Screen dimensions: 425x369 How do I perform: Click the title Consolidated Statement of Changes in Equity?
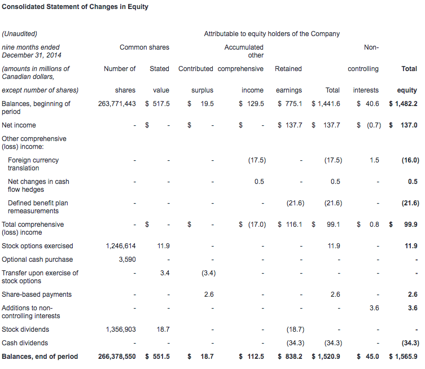pos(75,7)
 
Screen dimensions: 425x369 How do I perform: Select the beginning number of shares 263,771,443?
pos(117,104)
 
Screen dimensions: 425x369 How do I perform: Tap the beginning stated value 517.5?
pos(161,104)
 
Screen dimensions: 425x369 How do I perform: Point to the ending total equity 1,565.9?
pos(406,357)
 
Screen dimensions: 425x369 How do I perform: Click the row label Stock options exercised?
pos(37,246)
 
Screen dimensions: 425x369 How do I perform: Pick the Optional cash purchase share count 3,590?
pos(127,260)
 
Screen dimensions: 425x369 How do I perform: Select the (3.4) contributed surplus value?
pos(208,273)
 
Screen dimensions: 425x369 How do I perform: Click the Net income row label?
pos(19,125)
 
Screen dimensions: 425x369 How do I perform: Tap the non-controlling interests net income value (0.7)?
pos(374,125)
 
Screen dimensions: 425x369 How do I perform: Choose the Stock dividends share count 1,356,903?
pos(121,330)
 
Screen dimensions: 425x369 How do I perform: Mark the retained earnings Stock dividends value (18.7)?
pos(295,330)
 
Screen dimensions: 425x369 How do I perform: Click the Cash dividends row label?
pos(25,343)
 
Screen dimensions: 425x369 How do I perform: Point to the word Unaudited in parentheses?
pos(20,34)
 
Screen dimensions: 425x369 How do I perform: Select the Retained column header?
pos(288,69)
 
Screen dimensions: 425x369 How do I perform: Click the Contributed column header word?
pos(196,69)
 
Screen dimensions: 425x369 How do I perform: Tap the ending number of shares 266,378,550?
pos(117,357)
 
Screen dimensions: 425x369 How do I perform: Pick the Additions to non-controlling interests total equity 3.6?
pos(413,308)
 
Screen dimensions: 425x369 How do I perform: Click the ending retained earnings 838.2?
pos(294,357)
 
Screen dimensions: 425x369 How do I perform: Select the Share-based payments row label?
pos(37,295)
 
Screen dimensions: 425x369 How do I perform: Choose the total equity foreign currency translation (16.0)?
pos(410,160)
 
